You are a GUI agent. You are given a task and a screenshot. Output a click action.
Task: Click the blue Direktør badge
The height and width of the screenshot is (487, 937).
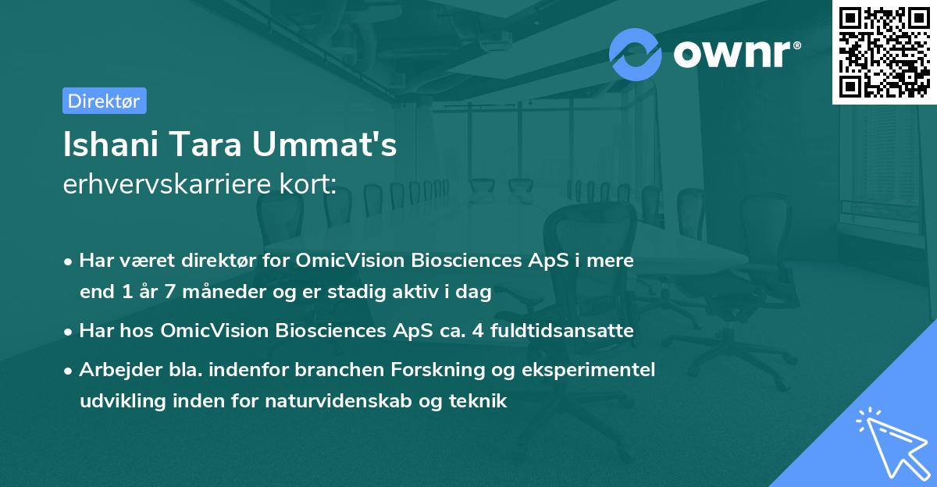click(104, 101)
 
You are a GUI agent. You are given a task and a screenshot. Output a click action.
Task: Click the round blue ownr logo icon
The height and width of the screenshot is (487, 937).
click(636, 53)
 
